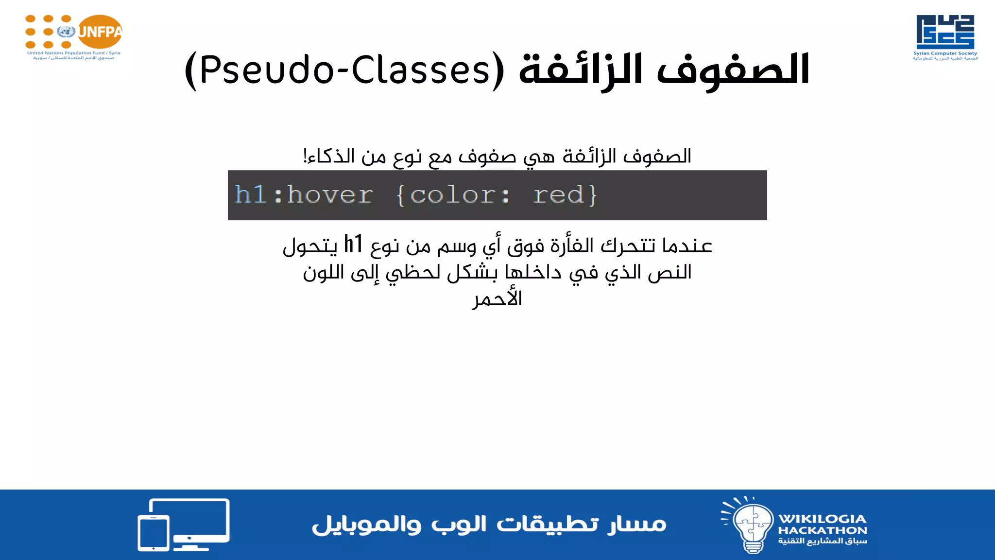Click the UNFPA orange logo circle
(x=100, y=32)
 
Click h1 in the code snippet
(x=251, y=195)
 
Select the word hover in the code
(x=330, y=195)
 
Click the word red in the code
(x=559, y=195)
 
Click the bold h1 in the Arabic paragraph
(x=353, y=245)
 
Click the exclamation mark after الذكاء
(x=305, y=156)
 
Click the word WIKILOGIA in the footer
(x=823, y=519)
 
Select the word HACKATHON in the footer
(x=823, y=530)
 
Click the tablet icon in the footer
(x=154, y=533)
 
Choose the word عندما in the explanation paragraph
(x=687, y=246)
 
